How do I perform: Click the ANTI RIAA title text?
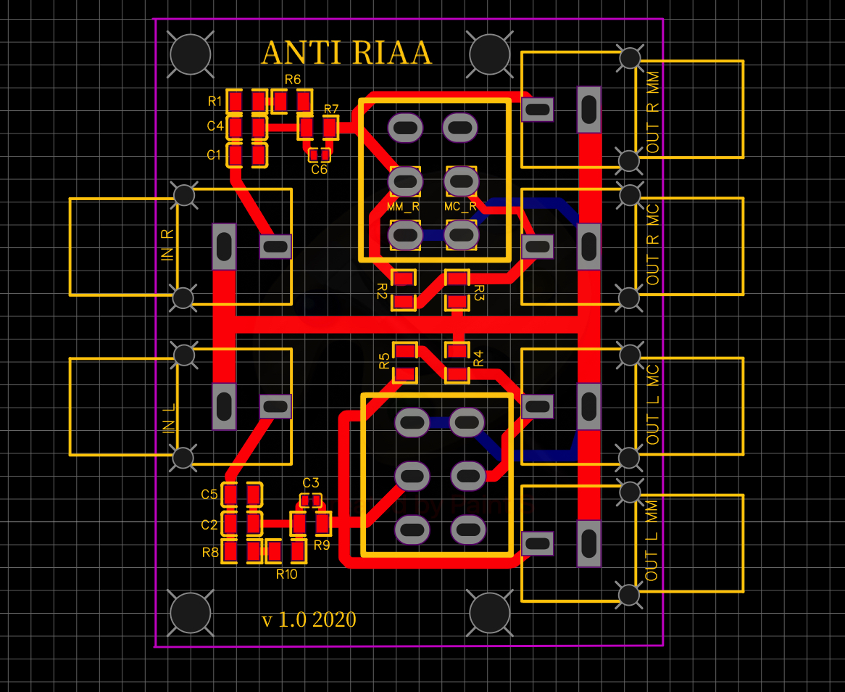pos(346,53)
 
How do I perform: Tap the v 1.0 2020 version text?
pos(309,619)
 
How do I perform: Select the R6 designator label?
pos(293,79)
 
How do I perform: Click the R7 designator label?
pos(331,110)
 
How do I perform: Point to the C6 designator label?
pos(320,170)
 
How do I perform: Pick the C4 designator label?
pos(215,125)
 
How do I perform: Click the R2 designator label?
pos(382,292)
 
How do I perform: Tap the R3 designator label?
pos(478,292)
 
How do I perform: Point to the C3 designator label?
pos(311,483)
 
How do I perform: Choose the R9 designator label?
pos(322,545)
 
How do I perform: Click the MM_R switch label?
pos(404,207)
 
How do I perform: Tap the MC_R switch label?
pos(461,207)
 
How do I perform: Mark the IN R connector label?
pos(167,245)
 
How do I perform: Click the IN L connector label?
pos(169,419)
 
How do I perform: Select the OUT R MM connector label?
pos(654,118)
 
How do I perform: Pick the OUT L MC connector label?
pos(654,405)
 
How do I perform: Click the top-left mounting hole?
pos(190,53)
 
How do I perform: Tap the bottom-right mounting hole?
pos(490,613)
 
